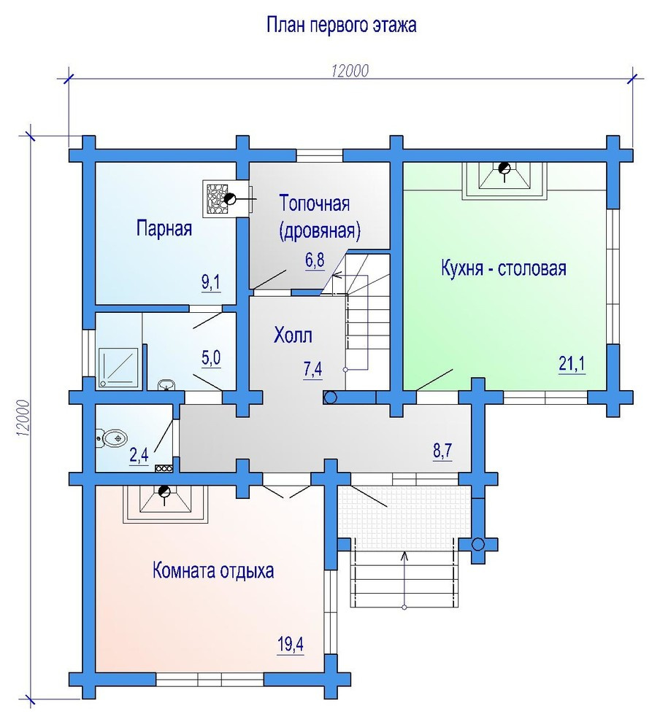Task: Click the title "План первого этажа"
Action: point(342,25)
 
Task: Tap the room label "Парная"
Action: point(164,228)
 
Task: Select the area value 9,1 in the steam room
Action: point(210,282)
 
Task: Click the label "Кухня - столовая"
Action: point(503,268)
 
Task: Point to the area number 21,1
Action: point(572,364)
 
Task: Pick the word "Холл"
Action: point(293,335)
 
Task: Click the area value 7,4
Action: point(312,370)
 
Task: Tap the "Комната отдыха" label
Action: point(213,570)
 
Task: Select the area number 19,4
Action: point(291,644)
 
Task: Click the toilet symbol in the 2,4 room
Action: point(111,437)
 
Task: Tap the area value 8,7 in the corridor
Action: point(442,451)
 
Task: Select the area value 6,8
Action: point(315,260)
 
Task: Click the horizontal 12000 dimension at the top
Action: point(350,71)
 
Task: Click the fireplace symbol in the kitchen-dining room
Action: point(504,180)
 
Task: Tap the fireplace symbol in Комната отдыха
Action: point(164,504)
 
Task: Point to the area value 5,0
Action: point(210,358)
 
